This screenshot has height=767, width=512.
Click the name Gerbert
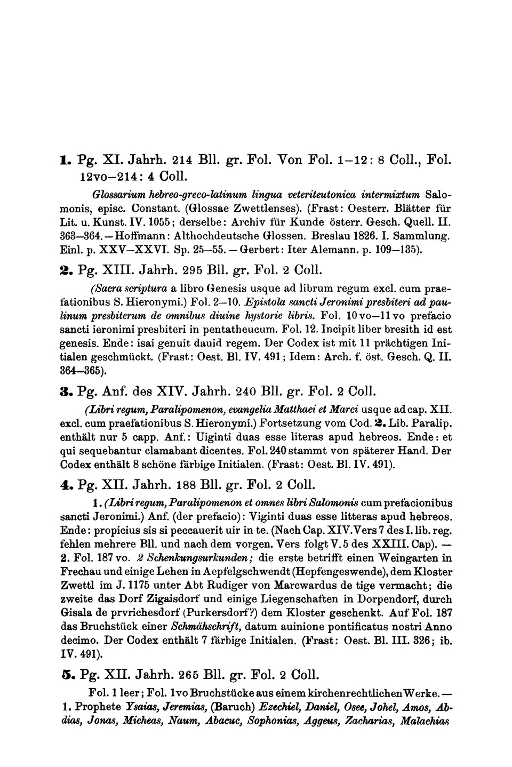(256, 246)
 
